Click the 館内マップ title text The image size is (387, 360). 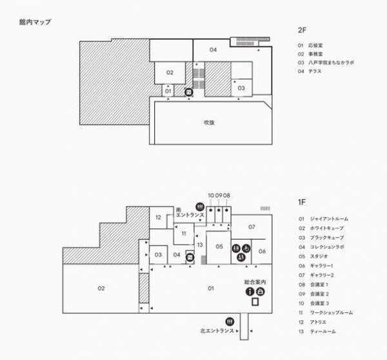[35, 22]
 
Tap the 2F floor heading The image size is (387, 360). [302, 30]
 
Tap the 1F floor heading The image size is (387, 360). [301, 202]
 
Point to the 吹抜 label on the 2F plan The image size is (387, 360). [208, 122]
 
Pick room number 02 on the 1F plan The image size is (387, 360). [101, 288]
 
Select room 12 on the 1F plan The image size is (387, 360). [158, 217]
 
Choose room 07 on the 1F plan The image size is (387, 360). [252, 226]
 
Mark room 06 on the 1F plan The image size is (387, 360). [263, 252]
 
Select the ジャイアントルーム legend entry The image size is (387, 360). [329, 219]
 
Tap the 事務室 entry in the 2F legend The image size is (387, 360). [316, 54]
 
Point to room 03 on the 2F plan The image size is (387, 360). [241, 87]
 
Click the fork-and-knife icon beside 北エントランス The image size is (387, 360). [229, 321]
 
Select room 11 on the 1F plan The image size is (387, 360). [183, 233]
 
